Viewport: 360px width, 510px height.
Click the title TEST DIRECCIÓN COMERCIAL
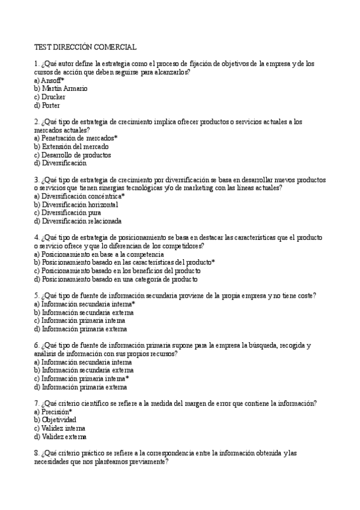click(85, 46)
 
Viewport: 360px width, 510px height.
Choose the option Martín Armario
click(61, 88)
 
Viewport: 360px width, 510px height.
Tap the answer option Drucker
click(50, 97)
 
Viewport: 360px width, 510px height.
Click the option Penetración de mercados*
click(76, 138)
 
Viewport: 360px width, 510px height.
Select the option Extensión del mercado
click(72, 147)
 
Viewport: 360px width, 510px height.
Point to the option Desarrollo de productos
click(72, 155)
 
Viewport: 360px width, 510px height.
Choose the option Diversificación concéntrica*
click(79, 196)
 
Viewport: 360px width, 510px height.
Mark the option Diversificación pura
click(67, 212)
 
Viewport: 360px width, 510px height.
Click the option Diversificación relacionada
click(78, 221)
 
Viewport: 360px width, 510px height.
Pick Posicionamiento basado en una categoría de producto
click(116, 279)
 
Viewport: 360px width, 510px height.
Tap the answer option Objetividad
click(55, 420)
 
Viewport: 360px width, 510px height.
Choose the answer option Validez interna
click(59, 428)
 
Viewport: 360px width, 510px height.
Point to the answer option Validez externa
click(60, 437)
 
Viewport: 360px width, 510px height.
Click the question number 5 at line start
click(37, 295)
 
